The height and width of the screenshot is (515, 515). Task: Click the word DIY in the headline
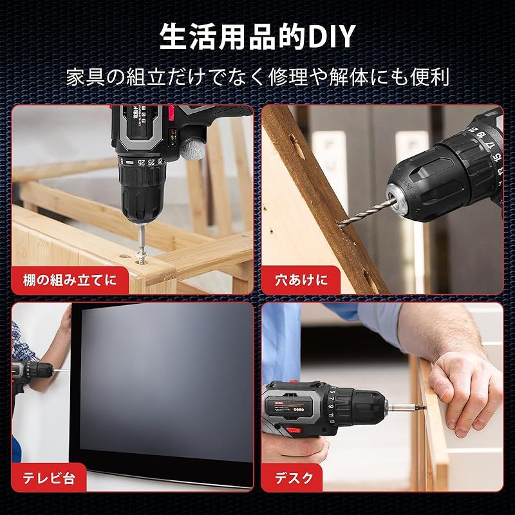pyautogui.click(x=332, y=37)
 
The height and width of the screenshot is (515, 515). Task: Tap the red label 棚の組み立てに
pyautogui.click(x=70, y=280)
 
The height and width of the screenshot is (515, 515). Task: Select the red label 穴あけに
pyautogui.click(x=301, y=280)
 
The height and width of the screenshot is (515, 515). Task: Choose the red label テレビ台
pyautogui.click(x=49, y=478)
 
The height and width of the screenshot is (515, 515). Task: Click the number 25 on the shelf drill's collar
pyautogui.click(x=141, y=162)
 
